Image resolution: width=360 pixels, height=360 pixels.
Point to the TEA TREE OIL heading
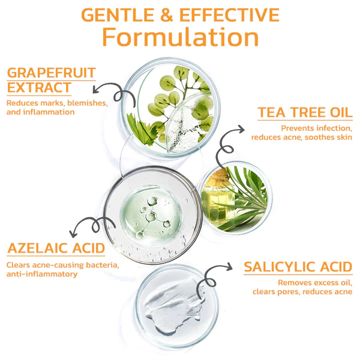pyautogui.click(x=304, y=113)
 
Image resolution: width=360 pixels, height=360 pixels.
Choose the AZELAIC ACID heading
pyautogui.click(x=56, y=248)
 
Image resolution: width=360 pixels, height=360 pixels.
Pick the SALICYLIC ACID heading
pyautogui.click(x=298, y=267)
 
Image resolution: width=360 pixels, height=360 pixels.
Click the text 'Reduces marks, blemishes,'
pyautogui.click(x=57, y=103)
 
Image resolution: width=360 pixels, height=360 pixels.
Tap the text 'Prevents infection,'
pyautogui.click(x=316, y=128)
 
